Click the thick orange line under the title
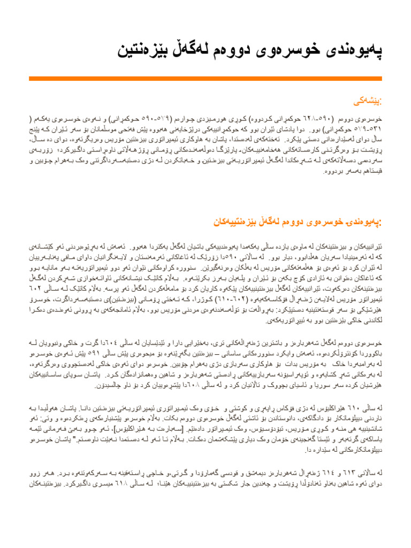point(205,79)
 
